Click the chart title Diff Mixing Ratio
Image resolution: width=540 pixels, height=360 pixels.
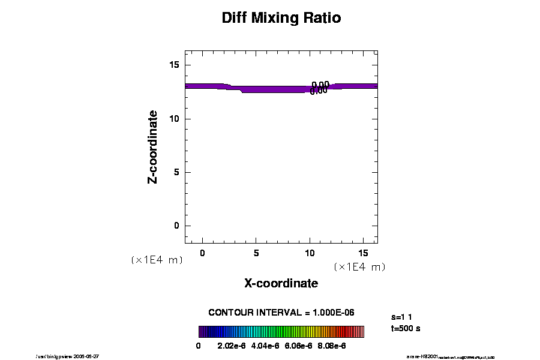[x=281, y=18]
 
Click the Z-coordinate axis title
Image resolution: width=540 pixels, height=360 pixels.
[x=153, y=146]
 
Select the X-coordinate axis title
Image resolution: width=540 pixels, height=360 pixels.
[x=281, y=283]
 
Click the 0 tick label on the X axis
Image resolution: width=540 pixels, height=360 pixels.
[x=202, y=253]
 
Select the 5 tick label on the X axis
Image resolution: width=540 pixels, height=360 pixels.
[x=256, y=253]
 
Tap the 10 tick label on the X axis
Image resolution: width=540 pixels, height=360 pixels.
[x=310, y=253]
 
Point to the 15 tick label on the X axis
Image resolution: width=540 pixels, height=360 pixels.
[x=364, y=253]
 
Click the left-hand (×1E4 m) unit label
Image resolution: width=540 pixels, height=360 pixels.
[x=157, y=260]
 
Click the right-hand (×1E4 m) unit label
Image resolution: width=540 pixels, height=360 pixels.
[x=359, y=266]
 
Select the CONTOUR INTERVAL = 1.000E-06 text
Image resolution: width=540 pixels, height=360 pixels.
[x=281, y=313]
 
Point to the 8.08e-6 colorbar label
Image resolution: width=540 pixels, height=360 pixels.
[x=331, y=346]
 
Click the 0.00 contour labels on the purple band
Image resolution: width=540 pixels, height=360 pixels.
[x=319, y=88]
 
